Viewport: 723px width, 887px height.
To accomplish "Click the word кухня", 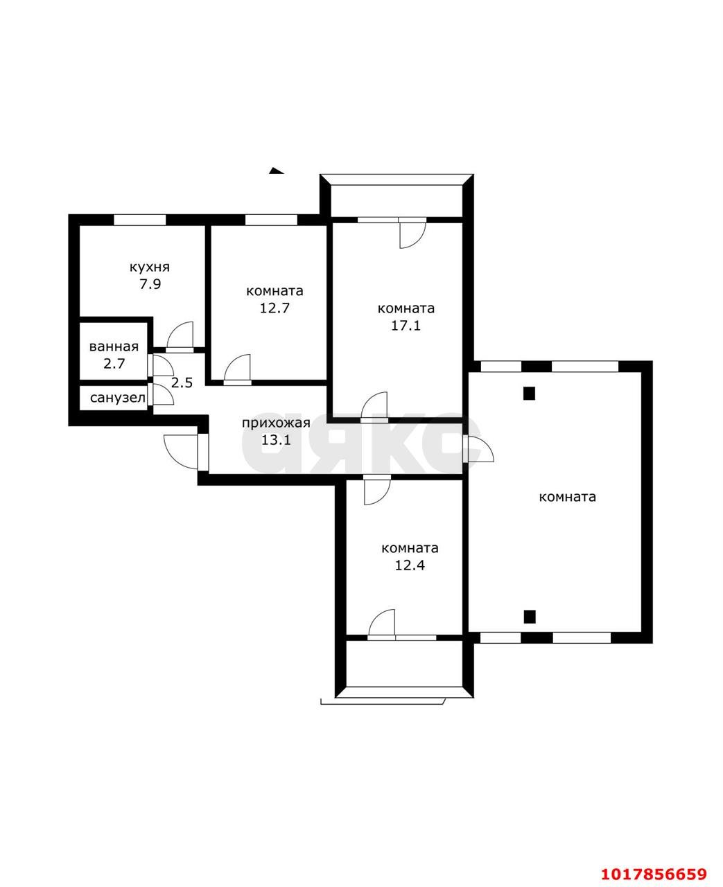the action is coord(150,267).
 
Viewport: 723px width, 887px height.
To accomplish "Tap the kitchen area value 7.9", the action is coord(150,284).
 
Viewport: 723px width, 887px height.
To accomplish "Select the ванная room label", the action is coord(114,346).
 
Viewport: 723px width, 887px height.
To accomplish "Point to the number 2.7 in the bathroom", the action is coord(114,364).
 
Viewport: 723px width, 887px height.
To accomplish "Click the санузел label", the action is coord(118,398).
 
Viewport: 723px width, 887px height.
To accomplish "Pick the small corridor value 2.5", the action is coord(182,383).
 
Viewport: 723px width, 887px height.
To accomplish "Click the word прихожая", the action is coord(276,423).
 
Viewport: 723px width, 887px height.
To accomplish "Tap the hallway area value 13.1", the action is coord(276,440).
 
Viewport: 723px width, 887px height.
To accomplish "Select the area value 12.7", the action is coord(275,308).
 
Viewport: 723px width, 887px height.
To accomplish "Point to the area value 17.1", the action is coord(406,326).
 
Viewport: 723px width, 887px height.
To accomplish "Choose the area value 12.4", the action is coord(410,565).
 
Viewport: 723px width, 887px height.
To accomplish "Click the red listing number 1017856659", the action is coord(654,863).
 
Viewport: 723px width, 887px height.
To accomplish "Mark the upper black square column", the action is coord(529,394).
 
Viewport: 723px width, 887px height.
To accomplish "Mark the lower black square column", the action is coord(529,617).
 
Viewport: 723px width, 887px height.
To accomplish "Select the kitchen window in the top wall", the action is coord(140,220).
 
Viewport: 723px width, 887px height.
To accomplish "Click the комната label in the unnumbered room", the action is coord(567,497).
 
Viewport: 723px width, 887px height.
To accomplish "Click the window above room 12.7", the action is coord(271,220).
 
